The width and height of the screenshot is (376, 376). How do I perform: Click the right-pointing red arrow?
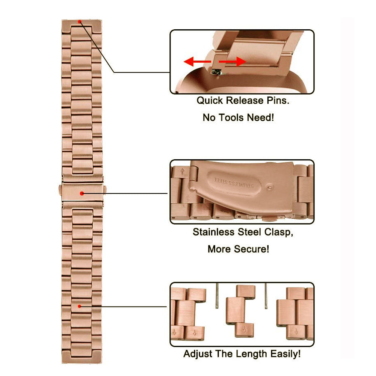pos(232,61)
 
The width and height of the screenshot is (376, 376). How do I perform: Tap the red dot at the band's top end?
pos(80,22)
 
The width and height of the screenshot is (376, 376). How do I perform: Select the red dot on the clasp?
pos(82,193)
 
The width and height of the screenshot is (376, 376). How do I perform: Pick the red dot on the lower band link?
pos(80,307)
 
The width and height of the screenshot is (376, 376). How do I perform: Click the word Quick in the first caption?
pos(209,101)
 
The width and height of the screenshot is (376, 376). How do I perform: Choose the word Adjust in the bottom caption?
pos(197,354)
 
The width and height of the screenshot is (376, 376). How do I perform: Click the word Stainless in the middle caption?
pos(213,232)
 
